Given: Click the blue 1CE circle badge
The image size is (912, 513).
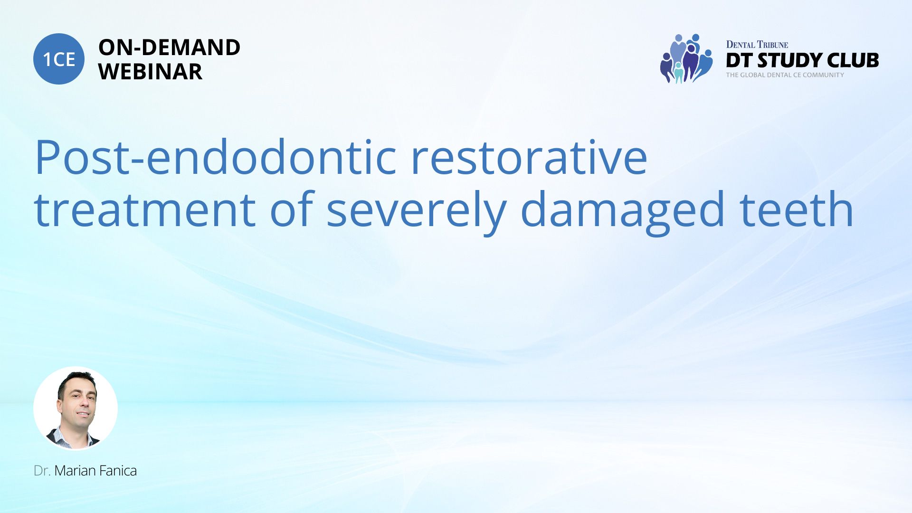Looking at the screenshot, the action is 59,59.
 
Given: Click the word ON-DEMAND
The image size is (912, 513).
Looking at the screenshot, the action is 170,47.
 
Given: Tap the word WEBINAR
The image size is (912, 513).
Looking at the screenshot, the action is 151,72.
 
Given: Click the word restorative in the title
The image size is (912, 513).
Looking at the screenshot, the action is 529,157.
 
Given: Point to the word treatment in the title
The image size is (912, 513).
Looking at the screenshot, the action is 145,209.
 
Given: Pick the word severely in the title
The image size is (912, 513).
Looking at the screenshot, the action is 417,213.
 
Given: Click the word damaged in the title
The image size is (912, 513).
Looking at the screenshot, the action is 623,213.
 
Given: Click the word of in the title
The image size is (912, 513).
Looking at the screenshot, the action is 291,209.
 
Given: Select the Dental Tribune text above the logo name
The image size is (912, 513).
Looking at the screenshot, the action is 757,45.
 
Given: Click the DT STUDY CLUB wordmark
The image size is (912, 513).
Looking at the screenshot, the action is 802,60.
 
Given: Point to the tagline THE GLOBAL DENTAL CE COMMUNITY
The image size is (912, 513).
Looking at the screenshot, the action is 785,75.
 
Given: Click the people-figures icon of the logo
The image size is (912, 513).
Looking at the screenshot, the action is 686,58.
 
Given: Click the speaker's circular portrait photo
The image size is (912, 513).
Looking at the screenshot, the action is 76,408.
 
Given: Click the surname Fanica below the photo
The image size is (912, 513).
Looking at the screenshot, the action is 117,471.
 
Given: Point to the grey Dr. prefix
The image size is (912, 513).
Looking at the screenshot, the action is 42,471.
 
